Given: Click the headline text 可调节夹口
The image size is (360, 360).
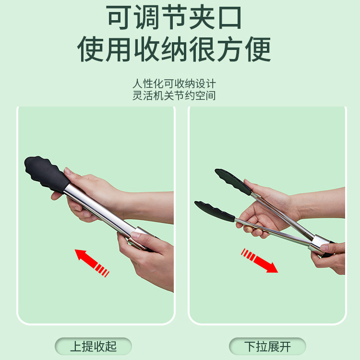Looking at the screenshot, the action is click(174, 17).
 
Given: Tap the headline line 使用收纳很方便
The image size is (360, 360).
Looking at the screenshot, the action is click(174, 49).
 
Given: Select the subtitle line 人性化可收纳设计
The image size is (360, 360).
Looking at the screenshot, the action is click(174, 84).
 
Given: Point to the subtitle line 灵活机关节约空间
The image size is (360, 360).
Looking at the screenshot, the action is click(174, 96).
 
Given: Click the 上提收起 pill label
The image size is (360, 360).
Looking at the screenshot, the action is click(93, 346).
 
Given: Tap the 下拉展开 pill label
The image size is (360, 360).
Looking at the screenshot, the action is click(267, 346).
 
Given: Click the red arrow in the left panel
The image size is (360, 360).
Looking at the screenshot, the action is click(92, 263).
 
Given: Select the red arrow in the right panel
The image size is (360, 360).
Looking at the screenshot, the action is click(259, 261).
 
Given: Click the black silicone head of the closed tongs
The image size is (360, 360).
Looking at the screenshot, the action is click(47, 174).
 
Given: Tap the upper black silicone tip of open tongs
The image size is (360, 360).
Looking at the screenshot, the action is click(233, 181).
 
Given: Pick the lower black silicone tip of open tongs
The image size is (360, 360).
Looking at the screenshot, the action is click(215, 211).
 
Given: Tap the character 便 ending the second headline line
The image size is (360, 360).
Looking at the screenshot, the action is click(258, 49).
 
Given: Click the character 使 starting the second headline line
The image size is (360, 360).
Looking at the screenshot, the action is click(90, 49).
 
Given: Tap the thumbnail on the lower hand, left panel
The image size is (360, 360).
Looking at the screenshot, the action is click(135, 235).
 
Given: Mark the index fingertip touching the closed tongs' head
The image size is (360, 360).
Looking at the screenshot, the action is click(67, 170).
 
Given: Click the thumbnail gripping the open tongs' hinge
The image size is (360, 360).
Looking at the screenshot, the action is click(324, 248).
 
